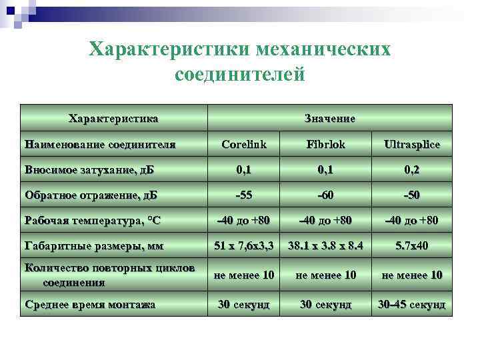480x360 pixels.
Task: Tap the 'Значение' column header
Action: point(329,119)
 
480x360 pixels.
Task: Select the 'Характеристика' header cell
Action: point(113,119)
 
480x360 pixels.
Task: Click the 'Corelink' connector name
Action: point(244,144)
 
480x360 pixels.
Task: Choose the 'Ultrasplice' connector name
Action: point(411,144)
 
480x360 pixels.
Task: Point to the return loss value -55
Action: point(244,195)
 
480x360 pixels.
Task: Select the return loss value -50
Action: point(411,195)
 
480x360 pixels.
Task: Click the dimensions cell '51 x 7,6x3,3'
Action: point(244,246)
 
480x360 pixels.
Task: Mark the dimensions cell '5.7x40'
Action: point(411,246)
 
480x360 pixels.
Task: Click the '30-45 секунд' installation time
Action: point(411,304)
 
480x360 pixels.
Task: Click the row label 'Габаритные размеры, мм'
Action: point(93,246)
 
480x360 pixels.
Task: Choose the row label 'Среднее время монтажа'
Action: point(89,304)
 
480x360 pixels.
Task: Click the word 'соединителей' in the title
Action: point(239,74)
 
